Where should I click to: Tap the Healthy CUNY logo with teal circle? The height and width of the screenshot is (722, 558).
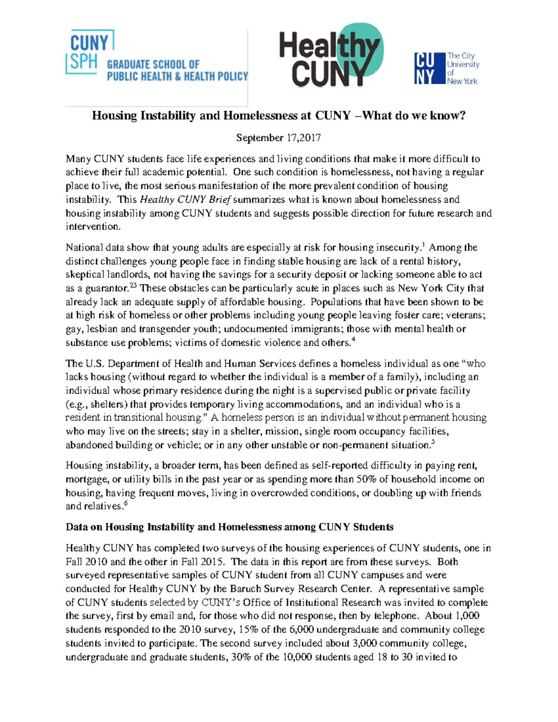pos(331,56)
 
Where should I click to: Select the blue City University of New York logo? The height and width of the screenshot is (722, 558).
pos(446,68)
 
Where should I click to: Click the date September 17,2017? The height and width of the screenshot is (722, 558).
pos(278,138)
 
